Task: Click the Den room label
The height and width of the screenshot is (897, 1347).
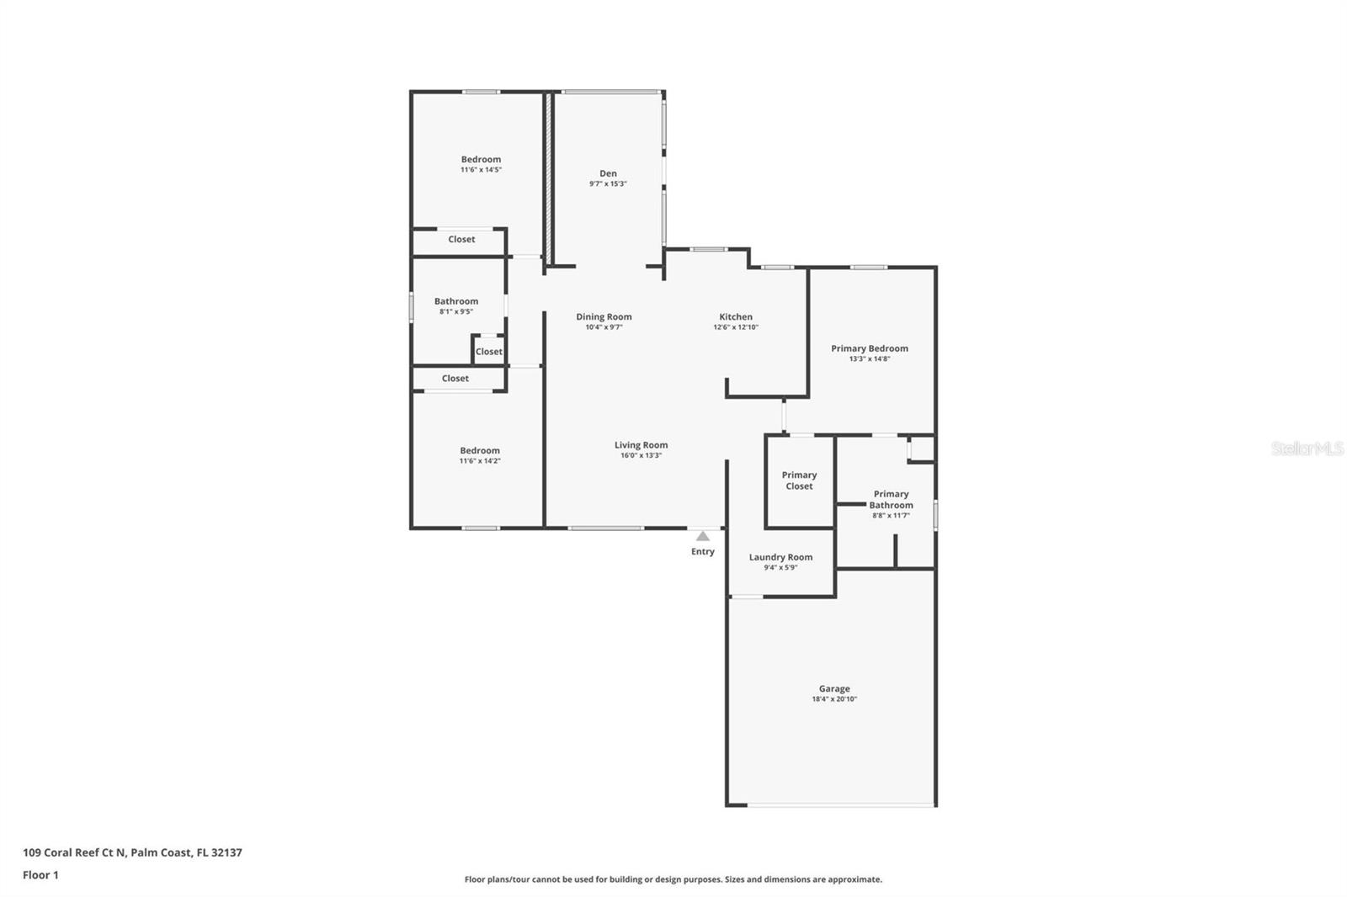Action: coord(608,173)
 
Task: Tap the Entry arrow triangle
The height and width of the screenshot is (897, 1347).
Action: coord(703,536)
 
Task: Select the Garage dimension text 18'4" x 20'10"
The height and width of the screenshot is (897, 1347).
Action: coord(834,699)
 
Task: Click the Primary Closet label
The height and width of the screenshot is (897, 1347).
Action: coord(799,480)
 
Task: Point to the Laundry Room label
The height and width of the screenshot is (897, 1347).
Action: coord(780,557)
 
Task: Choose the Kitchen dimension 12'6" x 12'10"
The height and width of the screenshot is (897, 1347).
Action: coord(736,327)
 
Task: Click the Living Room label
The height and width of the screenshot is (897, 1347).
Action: coord(641,445)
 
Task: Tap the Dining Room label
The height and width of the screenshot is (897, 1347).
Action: coord(604,317)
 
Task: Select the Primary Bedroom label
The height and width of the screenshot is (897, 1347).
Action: coord(869,348)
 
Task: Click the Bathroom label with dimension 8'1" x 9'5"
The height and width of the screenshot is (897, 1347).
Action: coord(456,301)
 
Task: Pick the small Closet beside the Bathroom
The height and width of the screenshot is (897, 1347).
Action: coord(488,352)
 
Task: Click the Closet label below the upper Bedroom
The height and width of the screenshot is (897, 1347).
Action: coord(461,240)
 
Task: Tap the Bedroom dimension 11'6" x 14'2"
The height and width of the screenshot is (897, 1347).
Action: coord(480,461)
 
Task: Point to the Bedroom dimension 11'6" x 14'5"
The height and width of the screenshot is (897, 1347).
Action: coord(481,170)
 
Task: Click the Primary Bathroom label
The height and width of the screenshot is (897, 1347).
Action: coord(891,500)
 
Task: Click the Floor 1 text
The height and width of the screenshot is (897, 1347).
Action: coord(40,875)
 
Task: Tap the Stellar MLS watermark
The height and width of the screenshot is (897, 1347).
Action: coord(1307,448)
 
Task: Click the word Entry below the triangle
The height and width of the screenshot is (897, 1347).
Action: coord(703,552)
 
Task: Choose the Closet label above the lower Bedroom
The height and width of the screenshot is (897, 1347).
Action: coord(455,379)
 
